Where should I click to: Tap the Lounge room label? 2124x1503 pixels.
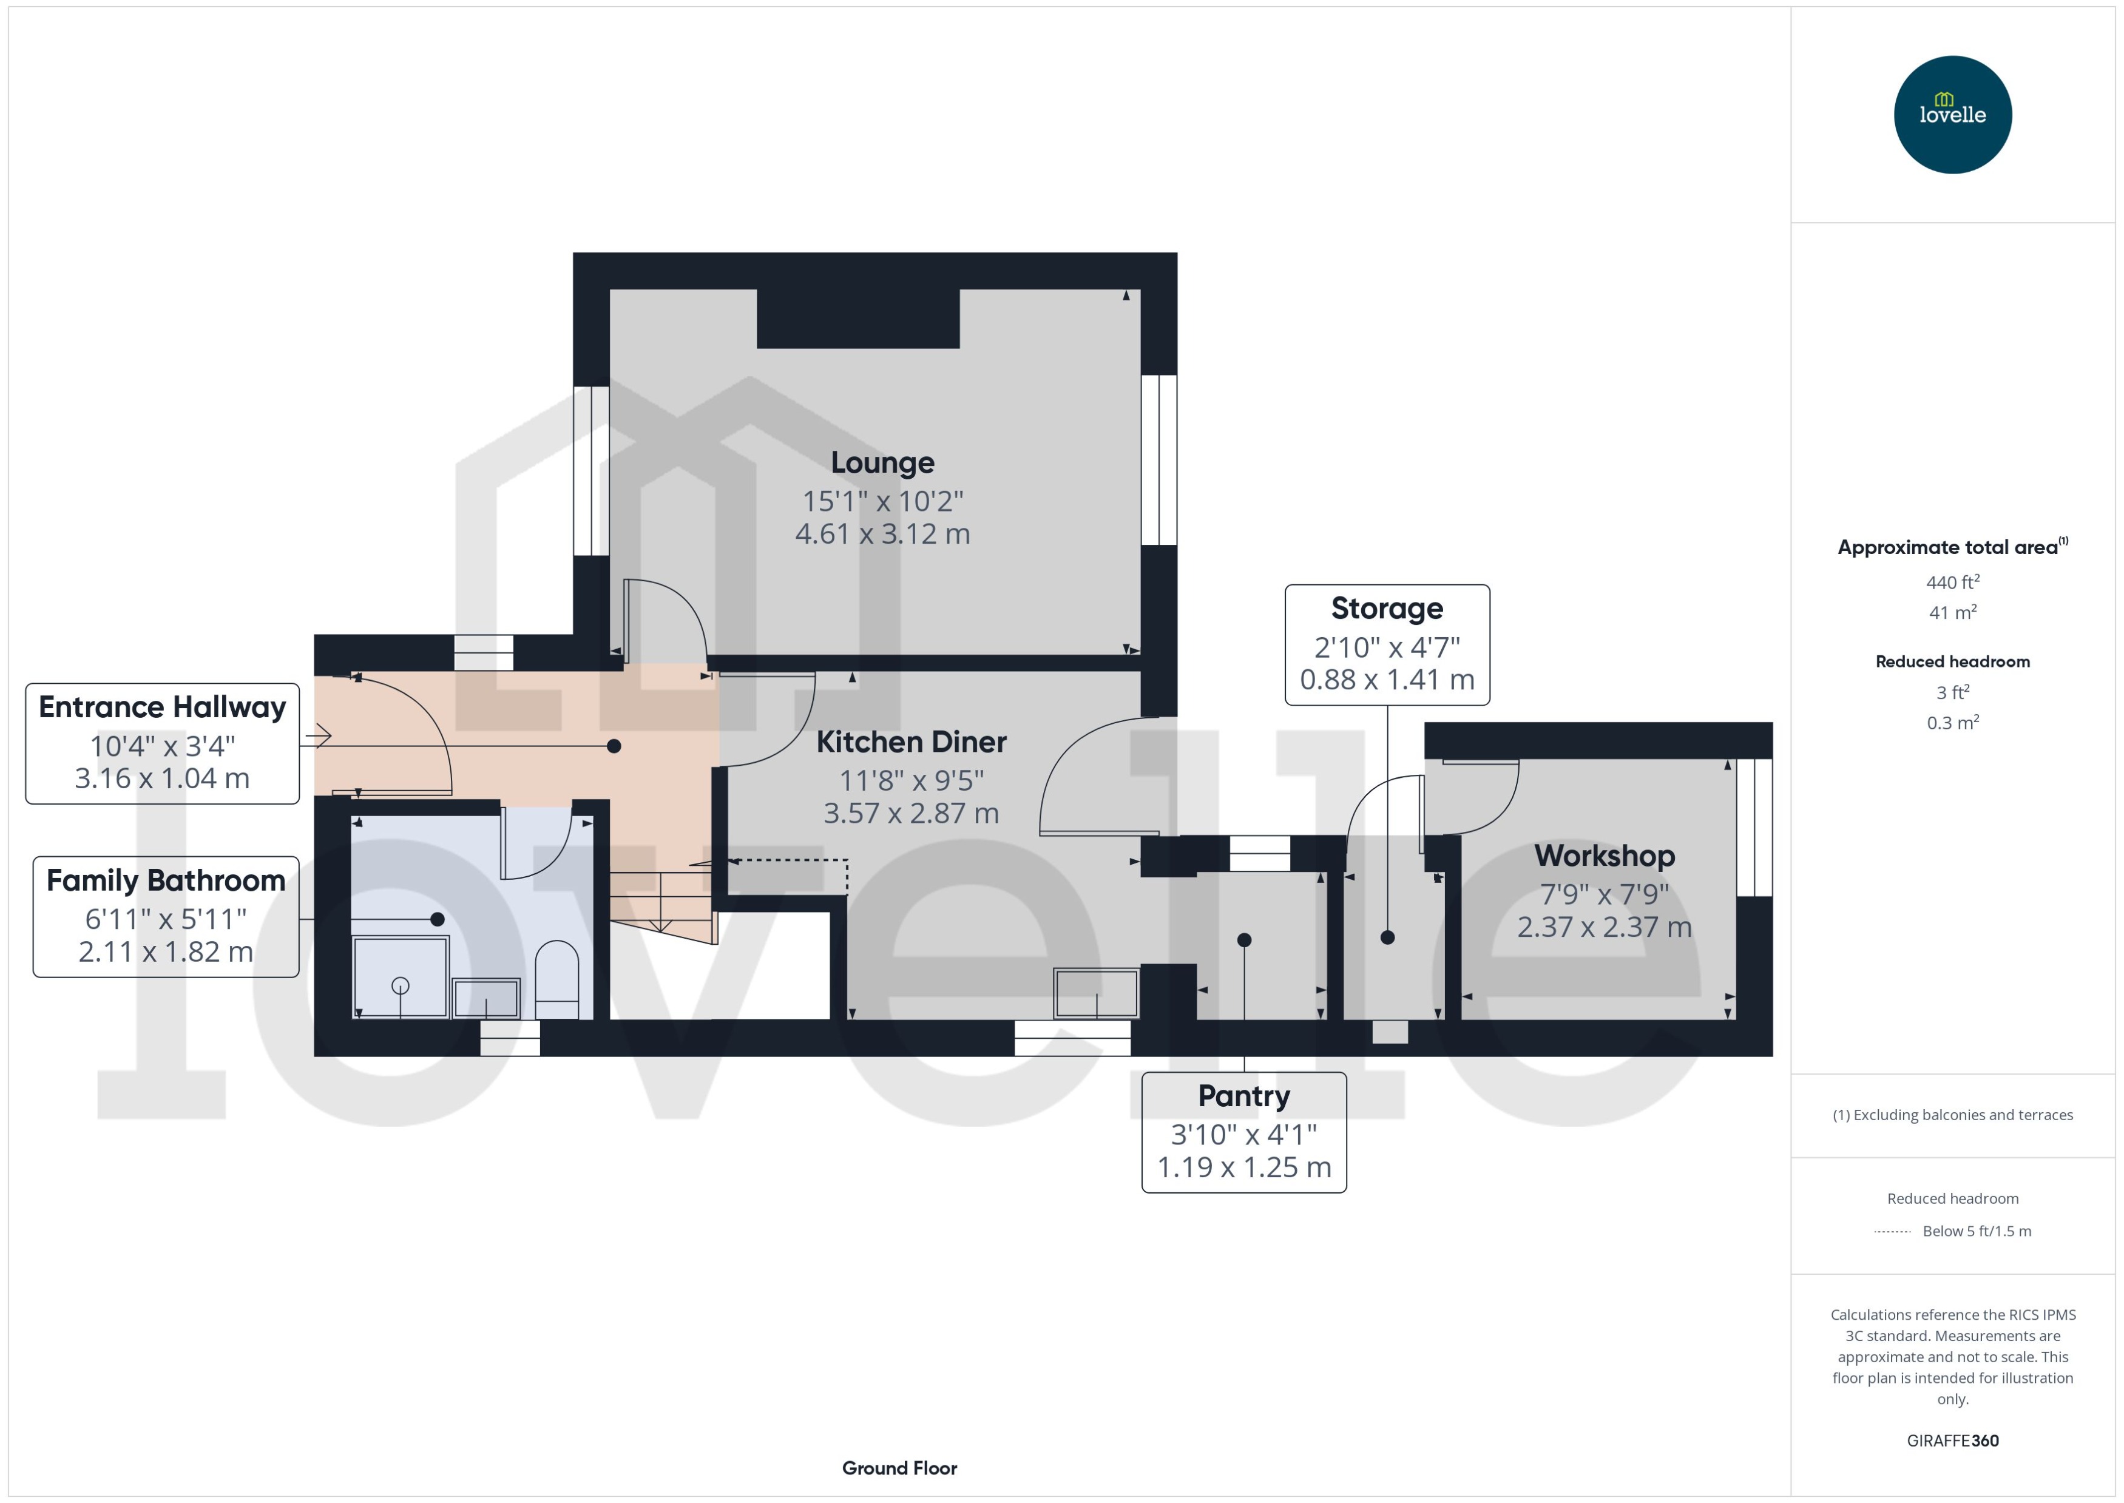coord(882,462)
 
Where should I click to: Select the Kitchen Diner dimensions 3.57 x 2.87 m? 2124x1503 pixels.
coord(911,812)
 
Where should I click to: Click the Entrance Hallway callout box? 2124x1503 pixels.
coord(162,743)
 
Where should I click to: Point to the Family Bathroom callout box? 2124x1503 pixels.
coord(166,916)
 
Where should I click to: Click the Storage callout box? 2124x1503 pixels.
coord(1387,644)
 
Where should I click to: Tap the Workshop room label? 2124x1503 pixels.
coord(1604,855)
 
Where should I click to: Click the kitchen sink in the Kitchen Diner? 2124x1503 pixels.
coord(1096,992)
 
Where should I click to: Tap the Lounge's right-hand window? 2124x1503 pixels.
coord(1158,459)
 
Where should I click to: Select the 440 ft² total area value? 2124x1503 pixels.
coord(1952,582)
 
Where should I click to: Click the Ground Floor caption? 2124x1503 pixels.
coord(899,1468)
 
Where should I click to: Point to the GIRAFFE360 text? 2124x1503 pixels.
coord(1952,1440)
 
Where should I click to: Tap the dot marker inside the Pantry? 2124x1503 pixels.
coord(1244,939)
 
